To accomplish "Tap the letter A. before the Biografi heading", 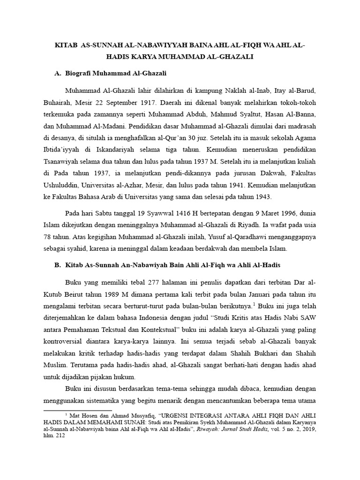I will pyautogui.click(x=58, y=74).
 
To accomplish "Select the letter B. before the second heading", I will pyautogui.click(x=58, y=265).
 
